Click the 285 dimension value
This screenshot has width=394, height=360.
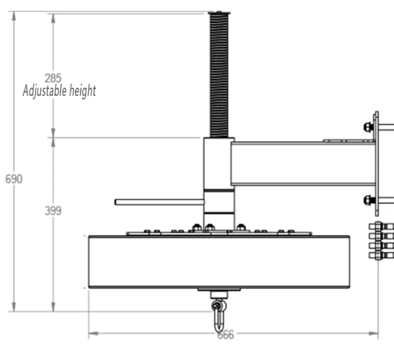pyautogui.click(x=53, y=79)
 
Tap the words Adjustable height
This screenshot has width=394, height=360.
pyautogui.click(x=59, y=91)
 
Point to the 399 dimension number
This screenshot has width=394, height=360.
pyautogui.click(x=53, y=211)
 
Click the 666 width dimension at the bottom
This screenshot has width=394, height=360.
pyautogui.click(x=225, y=335)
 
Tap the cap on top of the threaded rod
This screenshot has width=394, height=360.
pyautogui.click(x=219, y=13)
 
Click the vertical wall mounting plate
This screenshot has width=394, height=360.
pyautogui.click(x=376, y=163)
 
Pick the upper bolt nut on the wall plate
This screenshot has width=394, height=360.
pyautogui.click(x=368, y=126)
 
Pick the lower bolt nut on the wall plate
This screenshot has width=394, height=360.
pyautogui.click(x=369, y=201)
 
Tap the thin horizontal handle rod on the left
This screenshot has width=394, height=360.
pyautogui.click(x=159, y=202)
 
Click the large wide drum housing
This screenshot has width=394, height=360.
pyautogui.click(x=219, y=262)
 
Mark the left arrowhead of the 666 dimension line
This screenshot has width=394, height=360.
pyautogui.click(x=91, y=333)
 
